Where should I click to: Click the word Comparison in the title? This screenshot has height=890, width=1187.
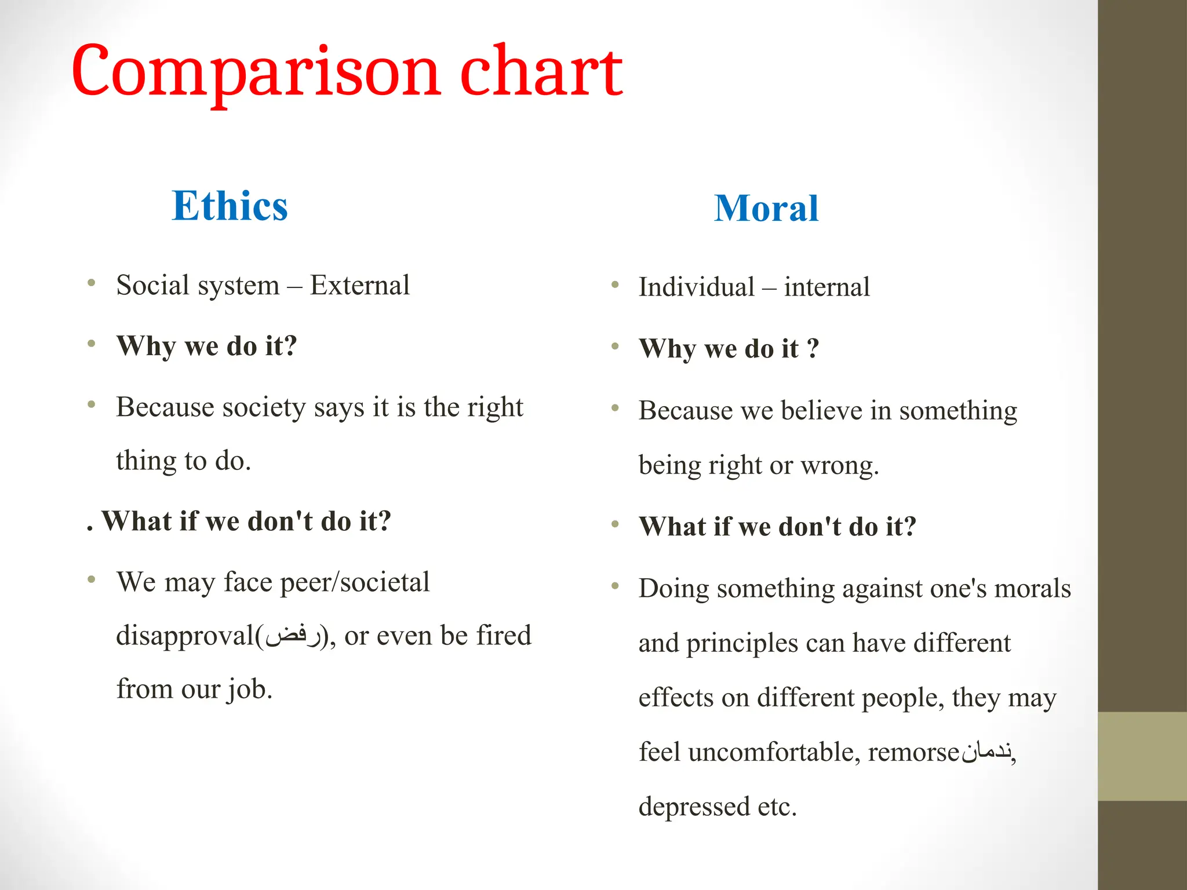[x=256, y=72]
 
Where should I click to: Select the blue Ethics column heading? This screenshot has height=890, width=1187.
[x=230, y=206]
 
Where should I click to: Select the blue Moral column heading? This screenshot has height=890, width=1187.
[x=766, y=208]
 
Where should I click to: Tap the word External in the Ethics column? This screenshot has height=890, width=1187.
[x=360, y=285]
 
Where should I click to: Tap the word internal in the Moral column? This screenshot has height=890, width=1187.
[x=826, y=287]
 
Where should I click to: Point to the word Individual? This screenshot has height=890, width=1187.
[x=697, y=287]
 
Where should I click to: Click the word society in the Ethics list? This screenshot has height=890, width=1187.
[x=264, y=407]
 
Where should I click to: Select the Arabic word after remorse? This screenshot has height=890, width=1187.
[x=987, y=752]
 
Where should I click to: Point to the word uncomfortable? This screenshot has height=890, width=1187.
[x=774, y=752]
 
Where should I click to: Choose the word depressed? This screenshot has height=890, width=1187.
[x=694, y=807]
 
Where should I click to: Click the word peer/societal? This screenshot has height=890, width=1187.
[x=355, y=582]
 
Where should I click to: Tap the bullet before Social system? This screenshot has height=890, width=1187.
[x=92, y=283]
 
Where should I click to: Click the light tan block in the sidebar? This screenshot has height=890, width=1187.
[x=1142, y=756]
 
